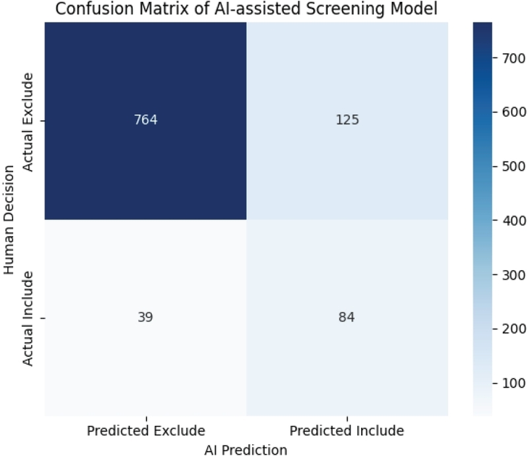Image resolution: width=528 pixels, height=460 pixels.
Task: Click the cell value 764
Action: point(145,120)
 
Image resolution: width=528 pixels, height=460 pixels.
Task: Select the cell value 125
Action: point(347,120)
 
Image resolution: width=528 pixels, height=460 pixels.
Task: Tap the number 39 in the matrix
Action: point(145,317)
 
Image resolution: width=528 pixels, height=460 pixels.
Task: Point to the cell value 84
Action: point(346,317)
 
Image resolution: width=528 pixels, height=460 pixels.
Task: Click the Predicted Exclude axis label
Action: point(146,431)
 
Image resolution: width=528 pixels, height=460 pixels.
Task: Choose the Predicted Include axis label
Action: point(347,431)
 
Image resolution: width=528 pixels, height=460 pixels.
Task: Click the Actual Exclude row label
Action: point(28,122)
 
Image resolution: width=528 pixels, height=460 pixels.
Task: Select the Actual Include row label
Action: point(28,318)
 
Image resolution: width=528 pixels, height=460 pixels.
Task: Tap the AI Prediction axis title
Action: point(246,450)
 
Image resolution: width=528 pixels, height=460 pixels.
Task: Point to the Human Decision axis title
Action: point(9,219)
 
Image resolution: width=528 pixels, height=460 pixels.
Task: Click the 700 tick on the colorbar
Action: point(513,59)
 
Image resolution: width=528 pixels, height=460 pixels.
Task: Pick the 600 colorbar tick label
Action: point(513,112)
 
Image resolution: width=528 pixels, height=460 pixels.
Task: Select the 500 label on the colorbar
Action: point(513,167)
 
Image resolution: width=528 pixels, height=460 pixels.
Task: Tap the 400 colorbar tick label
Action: point(513,221)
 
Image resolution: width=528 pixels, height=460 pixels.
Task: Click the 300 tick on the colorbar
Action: point(513,275)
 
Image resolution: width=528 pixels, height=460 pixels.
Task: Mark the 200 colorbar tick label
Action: point(513,328)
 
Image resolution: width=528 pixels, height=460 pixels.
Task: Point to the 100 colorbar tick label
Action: point(513,383)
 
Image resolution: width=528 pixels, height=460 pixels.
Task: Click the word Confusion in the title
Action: point(95,9)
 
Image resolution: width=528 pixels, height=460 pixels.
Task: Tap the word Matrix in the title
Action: point(164,9)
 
